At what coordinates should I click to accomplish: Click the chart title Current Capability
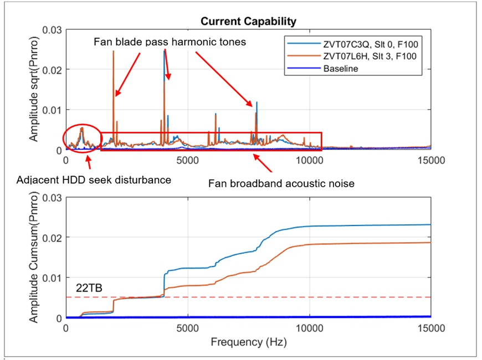coord(248,21)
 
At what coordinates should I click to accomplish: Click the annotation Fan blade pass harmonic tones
coord(170,42)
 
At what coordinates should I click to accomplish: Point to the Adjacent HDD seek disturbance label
coord(94,179)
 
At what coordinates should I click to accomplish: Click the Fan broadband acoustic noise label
coord(281,183)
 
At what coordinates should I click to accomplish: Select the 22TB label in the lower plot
coord(89,288)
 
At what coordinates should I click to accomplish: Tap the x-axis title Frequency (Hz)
coord(249,342)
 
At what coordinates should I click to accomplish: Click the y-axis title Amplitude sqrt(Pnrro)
coord(33,89)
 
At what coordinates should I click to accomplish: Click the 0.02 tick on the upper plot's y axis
coord(52,70)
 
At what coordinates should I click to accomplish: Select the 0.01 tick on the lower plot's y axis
coord(52,278)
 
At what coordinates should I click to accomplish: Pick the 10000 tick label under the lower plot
coord(310,328)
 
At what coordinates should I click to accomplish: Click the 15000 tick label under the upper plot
coord(431,160)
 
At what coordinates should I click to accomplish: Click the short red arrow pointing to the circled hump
coord(89,162)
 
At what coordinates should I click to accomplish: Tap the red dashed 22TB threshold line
coord(248,297)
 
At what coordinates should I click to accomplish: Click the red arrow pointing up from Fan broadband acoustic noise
coord(263,163)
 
